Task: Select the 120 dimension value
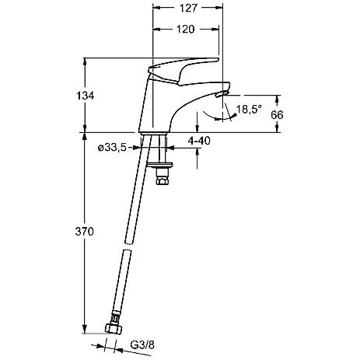(185, 30)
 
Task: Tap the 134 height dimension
(86, 96)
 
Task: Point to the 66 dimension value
(277, 114)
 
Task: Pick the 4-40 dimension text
(199, 141)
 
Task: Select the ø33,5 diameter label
(112, 148)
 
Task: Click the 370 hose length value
(84, 232)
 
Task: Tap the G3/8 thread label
(142, 345)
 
